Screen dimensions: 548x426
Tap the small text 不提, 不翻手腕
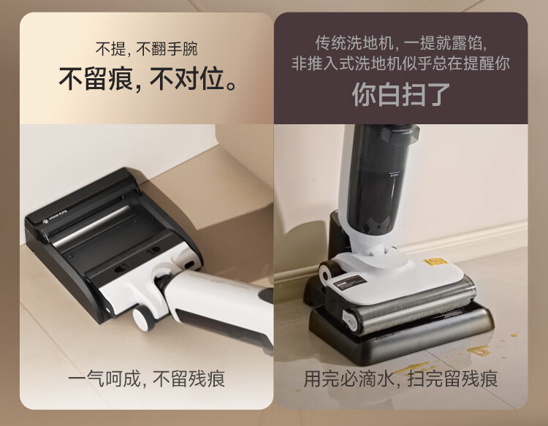(147, 48)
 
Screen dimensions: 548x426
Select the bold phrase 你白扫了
(400, 95)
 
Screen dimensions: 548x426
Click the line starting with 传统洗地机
(401, 43)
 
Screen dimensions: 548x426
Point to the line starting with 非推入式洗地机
(401, 64)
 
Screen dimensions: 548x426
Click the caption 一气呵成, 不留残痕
(146, 379)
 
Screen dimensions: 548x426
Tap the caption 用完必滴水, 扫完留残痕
(400, 379)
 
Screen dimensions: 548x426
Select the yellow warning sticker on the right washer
(435, 262)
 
